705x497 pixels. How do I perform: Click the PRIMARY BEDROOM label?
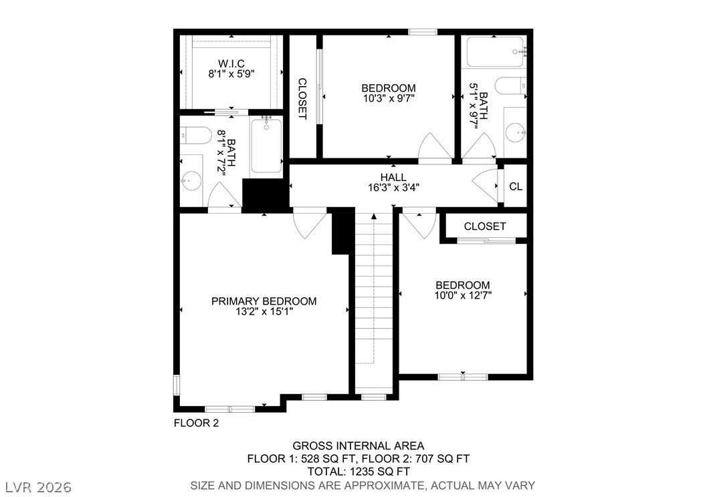click(264, 301)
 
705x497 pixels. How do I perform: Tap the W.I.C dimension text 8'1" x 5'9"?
click(231, 73)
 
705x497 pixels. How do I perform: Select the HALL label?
click(393, 177)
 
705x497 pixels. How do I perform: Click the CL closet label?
click(516, 186)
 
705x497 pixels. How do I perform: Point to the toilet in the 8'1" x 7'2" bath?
click(195, 135)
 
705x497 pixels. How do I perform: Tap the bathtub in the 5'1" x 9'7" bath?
click(495, 52)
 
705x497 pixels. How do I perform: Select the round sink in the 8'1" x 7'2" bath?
click(191, 180)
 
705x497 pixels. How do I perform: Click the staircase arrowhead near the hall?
click(374, 216)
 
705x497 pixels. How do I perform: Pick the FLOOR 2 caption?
click(196, 423)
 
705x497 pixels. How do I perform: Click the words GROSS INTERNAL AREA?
click(359, 446)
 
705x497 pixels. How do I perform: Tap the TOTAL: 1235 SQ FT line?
click(359, 472)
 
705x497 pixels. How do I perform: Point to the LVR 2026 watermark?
click(39, 487)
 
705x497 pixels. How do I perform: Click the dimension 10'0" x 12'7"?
click(463, 295)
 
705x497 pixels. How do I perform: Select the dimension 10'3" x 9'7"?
click(389, 98)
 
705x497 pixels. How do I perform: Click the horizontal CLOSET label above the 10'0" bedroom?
click(485, 226)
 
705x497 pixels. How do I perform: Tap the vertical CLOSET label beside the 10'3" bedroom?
click(302, 99)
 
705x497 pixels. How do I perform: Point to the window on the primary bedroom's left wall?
click(177, 385)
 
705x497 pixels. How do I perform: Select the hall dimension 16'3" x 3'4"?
click(393, 188)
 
